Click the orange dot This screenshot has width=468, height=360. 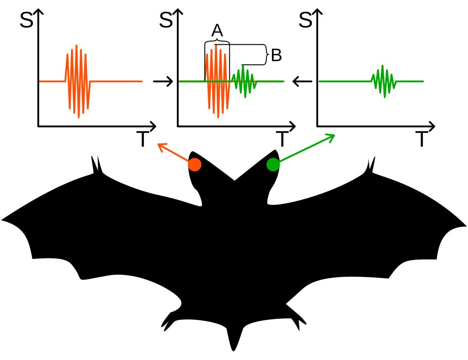pyautogui.click(x=195, y=164)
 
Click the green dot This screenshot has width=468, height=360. pyautogui.click(x=273, y=164)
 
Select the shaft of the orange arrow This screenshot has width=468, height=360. pyautogui.click(x=176, y=154)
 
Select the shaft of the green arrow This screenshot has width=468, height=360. pyautogui.click(x=304, y=149)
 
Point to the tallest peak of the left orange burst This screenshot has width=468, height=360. pyautogui.click(x=76, y=45)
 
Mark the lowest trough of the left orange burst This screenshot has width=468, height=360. pyautogui.click(x=79, y=117)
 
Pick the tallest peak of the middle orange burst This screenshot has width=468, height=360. pyautogui.click(x=216, y=46)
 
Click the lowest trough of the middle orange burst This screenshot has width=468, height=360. pyautogui.click(x=218, y=117)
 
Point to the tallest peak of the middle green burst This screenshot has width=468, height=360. pyautogui.click(x=243, y=66)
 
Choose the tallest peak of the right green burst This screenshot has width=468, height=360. pyautogui.click(x=382, y=65)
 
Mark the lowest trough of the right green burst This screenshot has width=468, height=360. pyautogui.click(x=384, y=97)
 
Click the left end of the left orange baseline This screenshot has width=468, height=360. pyautogui.click(x=40, y=81)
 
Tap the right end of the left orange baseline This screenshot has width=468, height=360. pyautogui.click(x=142, y=81)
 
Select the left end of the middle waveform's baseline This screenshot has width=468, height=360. pyautogui.click(x=179, y=81)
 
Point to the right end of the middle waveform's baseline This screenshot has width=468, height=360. pyautogui.click(x=284, y=81)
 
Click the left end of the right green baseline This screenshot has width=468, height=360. pyautogui.click(x=319, y=81)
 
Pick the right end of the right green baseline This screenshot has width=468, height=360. pyautogui.click(x=424, y=81)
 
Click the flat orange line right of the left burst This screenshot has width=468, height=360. pyautogui.click(x=117, y=81)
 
